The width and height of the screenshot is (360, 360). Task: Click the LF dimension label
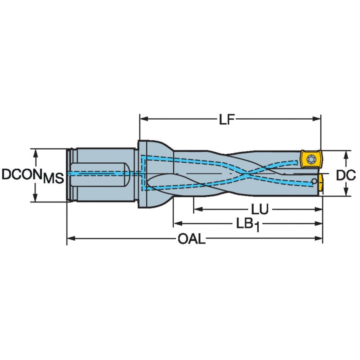[226, 120]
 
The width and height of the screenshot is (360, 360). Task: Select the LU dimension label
[260, 210]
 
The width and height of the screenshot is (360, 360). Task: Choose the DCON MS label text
[32, 175]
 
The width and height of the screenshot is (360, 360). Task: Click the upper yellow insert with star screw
[311, 160]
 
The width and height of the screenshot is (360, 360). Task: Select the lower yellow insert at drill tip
[321, 183]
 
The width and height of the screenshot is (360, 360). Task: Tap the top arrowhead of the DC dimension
[346, 153]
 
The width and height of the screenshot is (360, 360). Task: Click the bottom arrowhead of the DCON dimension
[35, 198]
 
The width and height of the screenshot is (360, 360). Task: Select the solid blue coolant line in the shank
[97, 173]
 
